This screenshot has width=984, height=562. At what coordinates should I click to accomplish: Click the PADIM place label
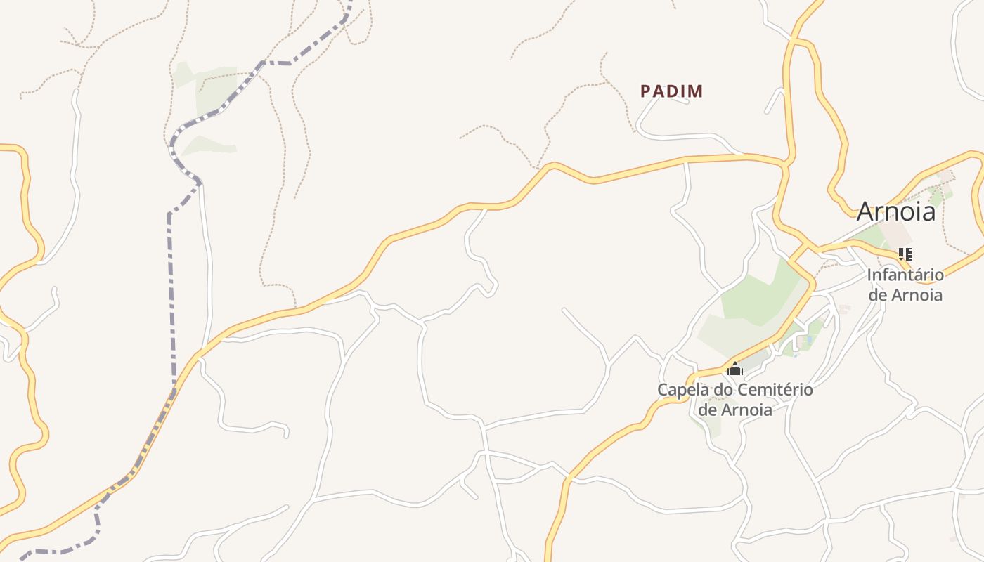coord(671,91)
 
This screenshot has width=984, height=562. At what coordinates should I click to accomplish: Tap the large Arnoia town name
coord(896,211)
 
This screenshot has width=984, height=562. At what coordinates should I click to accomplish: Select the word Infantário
coord(905,275)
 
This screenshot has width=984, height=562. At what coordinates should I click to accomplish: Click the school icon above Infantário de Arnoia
coord(905,254)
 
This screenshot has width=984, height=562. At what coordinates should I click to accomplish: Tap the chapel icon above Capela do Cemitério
coord(735,369)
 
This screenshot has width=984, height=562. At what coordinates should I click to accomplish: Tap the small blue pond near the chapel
coord(808,340)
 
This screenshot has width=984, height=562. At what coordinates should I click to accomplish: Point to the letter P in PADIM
coord(645,91)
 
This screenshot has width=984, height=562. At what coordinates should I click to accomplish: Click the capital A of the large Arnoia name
coord(867,211)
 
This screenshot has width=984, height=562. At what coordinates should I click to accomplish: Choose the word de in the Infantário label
coord(879,295)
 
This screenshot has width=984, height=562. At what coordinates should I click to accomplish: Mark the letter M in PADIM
coord(695,91)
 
